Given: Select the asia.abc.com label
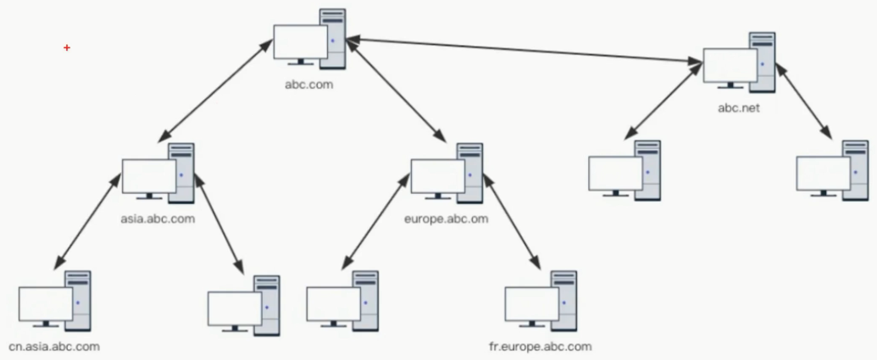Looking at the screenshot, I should [158, 219].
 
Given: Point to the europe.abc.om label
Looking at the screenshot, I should [447, 219].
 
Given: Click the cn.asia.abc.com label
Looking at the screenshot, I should [54, 346].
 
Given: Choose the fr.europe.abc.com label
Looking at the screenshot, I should [541, 346].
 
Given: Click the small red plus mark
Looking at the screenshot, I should [67, 48].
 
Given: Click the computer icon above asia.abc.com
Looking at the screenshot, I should [158, 174].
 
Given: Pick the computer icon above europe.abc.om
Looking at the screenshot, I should [447, 174].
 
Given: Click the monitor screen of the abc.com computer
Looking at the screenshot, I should [300, 42].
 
